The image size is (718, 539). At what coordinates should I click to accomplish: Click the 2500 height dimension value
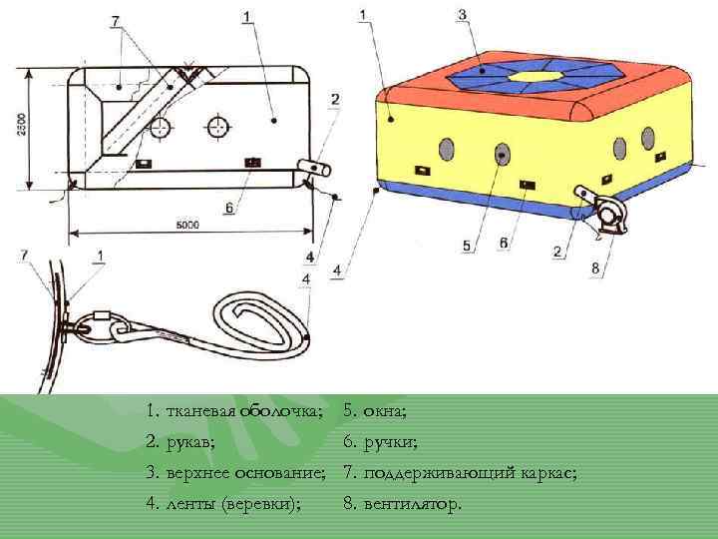(22, 126)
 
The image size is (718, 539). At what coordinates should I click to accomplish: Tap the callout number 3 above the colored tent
(461, 15)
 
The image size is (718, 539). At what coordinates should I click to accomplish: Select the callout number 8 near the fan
(595, 268)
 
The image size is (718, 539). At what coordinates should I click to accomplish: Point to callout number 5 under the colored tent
(465, 244)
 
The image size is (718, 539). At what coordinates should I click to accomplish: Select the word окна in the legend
(385, 409)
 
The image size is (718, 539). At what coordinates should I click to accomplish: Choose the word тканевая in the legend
(196, 409)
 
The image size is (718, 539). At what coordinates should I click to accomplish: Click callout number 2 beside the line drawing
(335, 100)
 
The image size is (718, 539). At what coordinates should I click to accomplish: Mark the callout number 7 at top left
(115, 20)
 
